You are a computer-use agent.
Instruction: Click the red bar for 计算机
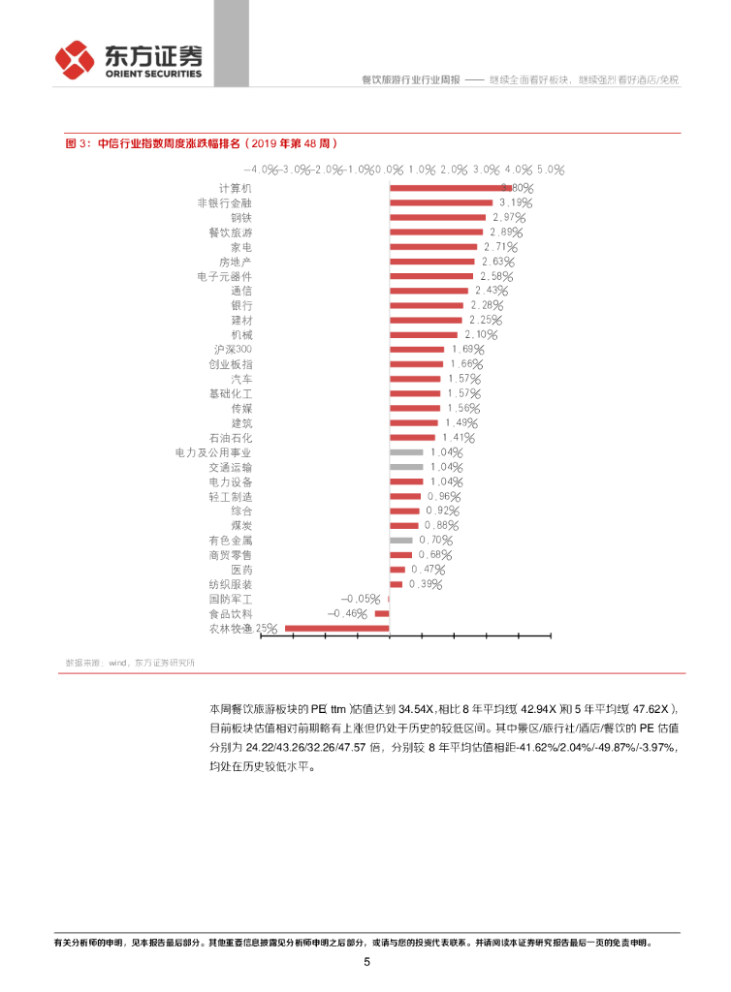(x=450, y=188)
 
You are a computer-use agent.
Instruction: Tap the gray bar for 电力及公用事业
(x=406, y=451)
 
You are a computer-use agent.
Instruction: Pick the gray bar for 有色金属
(x=401, y=540)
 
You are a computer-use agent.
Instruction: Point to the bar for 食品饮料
(x=382, y=613)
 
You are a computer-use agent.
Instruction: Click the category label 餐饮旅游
(x=230, y=232)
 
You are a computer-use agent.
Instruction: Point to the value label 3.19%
(x=514, y=203)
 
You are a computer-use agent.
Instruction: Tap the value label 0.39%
(x=425, y=584)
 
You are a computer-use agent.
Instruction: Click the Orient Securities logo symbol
(x=75, y=60)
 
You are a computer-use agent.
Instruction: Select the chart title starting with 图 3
(x=201, y=142)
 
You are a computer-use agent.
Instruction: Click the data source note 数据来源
(x=129, y=663)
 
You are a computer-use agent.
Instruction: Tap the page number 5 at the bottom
(x=366, y=962)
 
